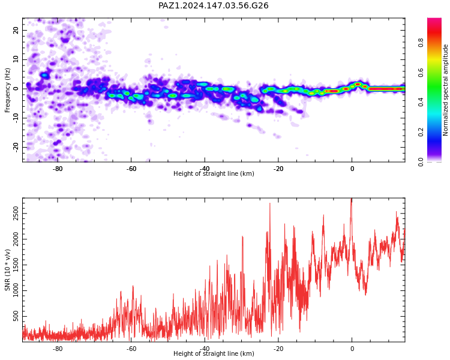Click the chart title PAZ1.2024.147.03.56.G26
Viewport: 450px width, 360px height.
(x=213, y=5)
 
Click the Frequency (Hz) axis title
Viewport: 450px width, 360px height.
(x=7, y=90)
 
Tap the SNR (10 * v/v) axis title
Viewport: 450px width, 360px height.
(x=7, y=270)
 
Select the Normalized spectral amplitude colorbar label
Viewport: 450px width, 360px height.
(x=445, y=90)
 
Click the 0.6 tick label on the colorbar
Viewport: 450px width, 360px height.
(x=421, y=73)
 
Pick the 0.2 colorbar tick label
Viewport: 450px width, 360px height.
(x=421, y=133)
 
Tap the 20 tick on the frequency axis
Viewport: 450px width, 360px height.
(x=16, y=30)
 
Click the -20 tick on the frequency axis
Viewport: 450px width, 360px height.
(x=16, y=147)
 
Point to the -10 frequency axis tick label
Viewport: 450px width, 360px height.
(x=16, y=118)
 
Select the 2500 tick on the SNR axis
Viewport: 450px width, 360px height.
(x=16, y=214)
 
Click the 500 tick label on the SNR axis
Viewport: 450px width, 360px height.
(x=16, y=316)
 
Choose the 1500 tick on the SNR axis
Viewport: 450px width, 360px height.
(x=16, y=265)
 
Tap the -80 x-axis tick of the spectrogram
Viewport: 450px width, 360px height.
(x=58, y=169)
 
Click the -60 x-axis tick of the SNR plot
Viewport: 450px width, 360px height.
(x=131, y=349)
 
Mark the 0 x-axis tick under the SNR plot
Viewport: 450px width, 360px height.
(x=352, y=349)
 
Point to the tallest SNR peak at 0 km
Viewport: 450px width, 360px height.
(x=352, y=199)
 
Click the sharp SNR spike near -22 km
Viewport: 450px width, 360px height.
(x=270, y=203)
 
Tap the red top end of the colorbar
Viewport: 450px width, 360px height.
(x=434, y=20)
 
